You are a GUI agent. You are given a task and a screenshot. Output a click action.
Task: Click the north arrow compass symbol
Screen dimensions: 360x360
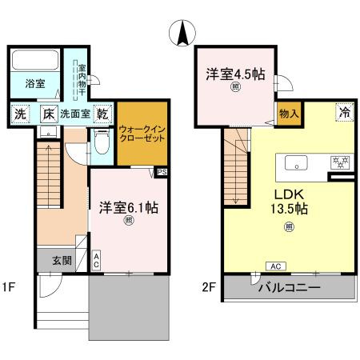click(183, 33)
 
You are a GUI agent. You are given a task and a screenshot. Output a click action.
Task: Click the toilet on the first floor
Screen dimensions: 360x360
click(101, 143)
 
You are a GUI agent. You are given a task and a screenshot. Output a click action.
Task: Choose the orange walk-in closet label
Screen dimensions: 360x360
click(142, 132)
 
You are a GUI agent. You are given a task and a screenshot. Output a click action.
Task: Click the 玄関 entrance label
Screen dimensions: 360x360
click(62, 259)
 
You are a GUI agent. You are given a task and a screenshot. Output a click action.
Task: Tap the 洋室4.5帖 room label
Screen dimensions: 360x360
click(234, 74)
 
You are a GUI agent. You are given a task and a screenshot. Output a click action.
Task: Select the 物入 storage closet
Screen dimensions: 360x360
click(288, 113)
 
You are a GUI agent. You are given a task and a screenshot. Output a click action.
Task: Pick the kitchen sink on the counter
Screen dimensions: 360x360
click(296, 163)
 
